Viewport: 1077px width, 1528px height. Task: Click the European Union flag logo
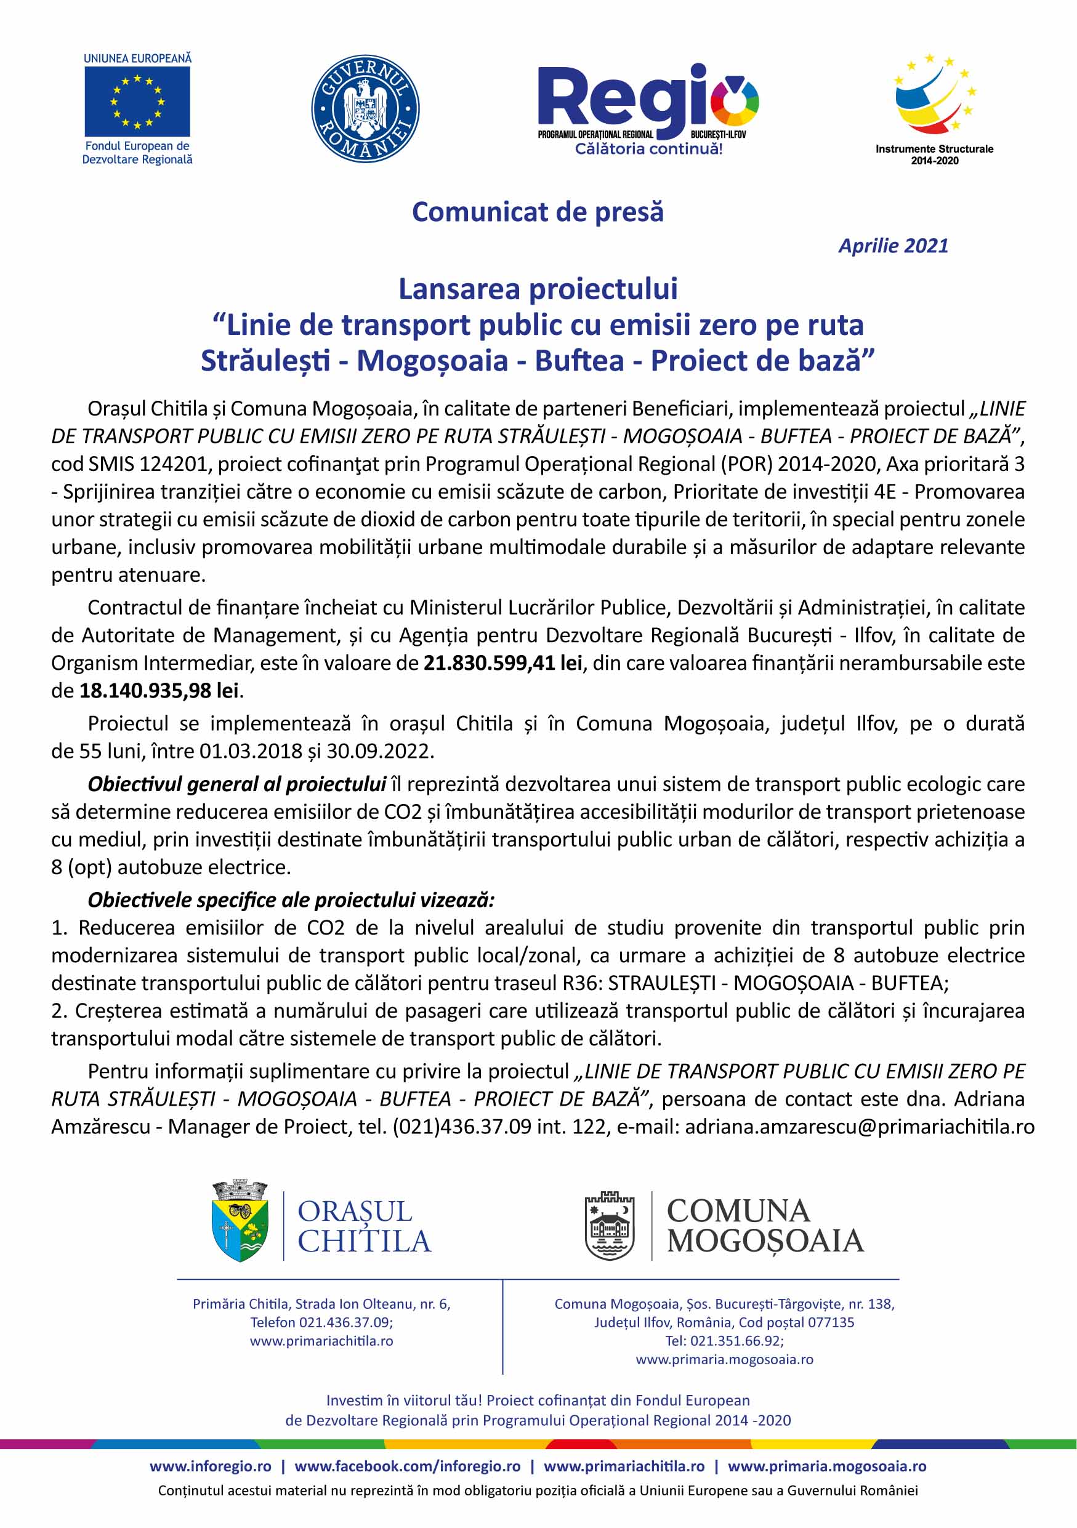pos(137,101)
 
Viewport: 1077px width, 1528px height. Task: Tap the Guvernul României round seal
pos(365,108)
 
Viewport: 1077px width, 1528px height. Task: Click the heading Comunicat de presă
pos(538,212)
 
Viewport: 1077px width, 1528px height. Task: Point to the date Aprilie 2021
pos(893,246)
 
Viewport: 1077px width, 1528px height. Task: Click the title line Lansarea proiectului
pos(538,289)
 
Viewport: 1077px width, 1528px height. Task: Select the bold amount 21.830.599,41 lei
pos(502,663)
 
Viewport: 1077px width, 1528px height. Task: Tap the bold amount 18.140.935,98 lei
pos(159,691)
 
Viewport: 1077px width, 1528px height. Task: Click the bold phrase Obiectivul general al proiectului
pos(236,784)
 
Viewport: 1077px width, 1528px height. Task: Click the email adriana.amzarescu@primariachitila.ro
pos(860,1127)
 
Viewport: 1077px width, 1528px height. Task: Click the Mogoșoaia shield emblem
pos(609,1226)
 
